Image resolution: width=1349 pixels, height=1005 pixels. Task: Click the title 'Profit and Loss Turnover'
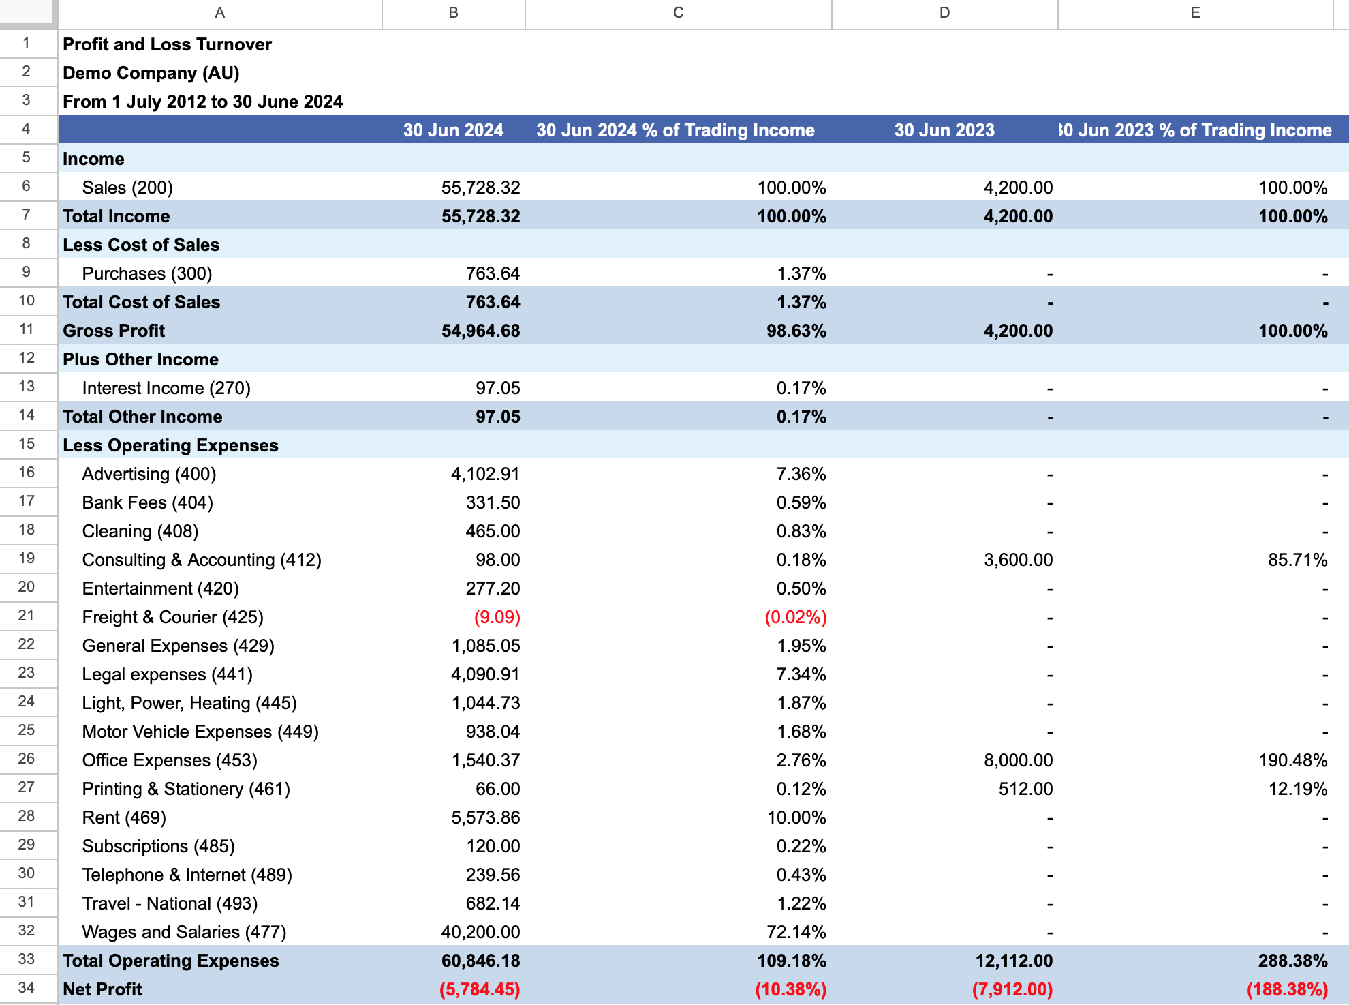pos(167,44)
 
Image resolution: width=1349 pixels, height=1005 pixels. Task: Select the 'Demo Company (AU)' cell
pos(151,73)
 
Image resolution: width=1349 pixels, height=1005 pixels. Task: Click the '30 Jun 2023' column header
pos(944,130)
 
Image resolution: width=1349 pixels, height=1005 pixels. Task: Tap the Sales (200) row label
pos(127,187)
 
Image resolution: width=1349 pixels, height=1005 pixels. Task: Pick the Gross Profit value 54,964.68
pos(480,331)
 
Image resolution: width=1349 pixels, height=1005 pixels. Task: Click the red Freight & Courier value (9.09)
pos(497,617)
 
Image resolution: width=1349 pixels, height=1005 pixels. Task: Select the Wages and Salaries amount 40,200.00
pos(480,932)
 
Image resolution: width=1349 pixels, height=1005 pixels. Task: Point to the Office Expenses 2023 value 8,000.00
pos(1018,760)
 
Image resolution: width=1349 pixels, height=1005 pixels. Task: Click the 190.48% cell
pos(1292,760)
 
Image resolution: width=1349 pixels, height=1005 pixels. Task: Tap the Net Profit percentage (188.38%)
pos(1287,989)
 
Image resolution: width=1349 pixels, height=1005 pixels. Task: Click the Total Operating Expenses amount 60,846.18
pos(480,961)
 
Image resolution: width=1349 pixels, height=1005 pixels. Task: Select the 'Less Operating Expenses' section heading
pos(170,445)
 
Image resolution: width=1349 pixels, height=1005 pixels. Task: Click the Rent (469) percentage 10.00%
pos(796,817)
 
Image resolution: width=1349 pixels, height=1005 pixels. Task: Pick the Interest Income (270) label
pos(166,388)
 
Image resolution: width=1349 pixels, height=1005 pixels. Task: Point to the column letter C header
pos(678,13)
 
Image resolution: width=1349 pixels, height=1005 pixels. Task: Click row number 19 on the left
pos(27,558)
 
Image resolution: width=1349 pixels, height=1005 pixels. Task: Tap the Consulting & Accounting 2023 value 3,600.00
pos(1018,560)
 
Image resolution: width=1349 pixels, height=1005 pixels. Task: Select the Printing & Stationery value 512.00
pos(1025,789)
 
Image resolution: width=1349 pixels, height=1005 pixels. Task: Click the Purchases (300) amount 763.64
pos(493,273)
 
